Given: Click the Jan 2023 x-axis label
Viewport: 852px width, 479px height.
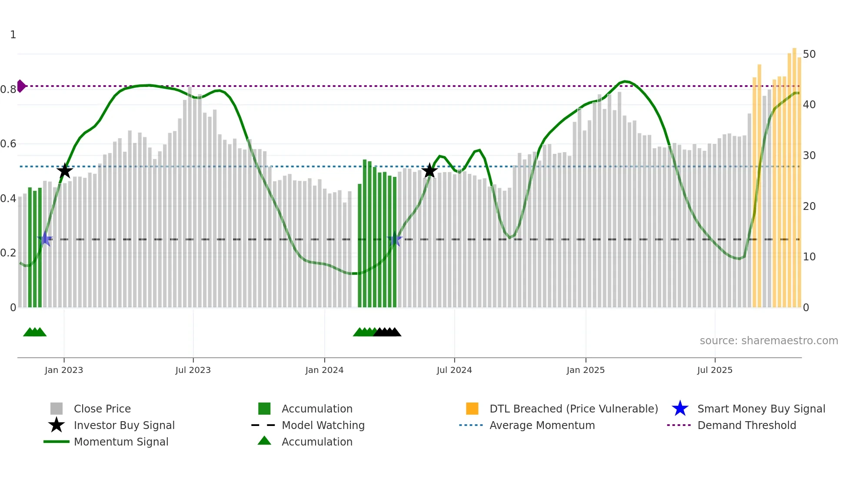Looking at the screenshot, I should [64, 370].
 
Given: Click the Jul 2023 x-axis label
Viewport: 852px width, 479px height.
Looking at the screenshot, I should [193, 370].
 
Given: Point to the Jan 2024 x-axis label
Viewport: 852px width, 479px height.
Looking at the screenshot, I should [324, 370].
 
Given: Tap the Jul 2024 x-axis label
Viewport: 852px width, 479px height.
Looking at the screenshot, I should [454, 370].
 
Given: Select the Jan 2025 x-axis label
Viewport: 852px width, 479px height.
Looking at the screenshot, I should [586, 370].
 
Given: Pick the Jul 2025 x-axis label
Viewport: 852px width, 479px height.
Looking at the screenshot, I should [715, 370].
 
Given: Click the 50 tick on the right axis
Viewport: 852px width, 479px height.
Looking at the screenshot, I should [809, 54].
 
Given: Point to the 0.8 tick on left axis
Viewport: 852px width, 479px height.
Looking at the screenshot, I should [8, 90].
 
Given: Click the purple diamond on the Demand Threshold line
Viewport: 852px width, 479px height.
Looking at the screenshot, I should [21, 86].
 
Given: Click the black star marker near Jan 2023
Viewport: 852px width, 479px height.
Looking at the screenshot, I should [65, 171].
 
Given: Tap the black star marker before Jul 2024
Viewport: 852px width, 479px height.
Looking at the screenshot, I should [429, 171].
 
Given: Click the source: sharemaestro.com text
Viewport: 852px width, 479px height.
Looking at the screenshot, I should [769, 341].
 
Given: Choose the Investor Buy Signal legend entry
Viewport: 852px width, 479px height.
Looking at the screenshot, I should [124, 425].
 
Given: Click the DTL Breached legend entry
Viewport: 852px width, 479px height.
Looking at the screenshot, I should [573, 409].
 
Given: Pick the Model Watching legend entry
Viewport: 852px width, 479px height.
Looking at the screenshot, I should [323, 425].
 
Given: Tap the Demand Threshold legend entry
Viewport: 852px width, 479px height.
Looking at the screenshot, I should [746, 425].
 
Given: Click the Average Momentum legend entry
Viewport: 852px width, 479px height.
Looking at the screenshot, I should [542, 425].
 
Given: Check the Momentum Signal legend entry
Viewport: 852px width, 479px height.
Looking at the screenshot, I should [121, 442].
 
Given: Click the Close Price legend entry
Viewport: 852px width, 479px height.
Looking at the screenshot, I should [102, 409].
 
